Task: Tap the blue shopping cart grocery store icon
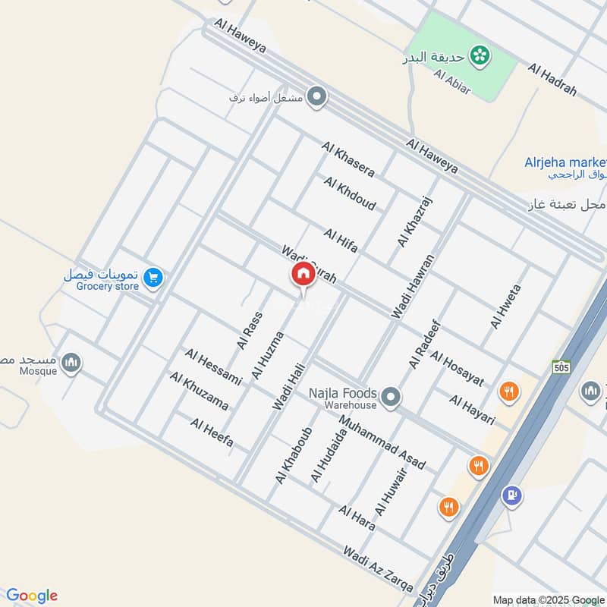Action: pos(154,278)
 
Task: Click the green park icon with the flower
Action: pos(479,55)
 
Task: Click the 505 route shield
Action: pos(561,366)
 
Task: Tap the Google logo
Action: pos(31,596)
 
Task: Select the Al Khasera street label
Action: pos(348,159)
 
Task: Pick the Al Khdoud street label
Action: pos(349,193)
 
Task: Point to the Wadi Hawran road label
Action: pos(413,286)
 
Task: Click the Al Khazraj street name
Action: pos(414,222)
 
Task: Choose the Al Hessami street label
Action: pos(212,366)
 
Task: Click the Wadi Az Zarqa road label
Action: pos(378,569)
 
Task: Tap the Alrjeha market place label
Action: pos(565,162)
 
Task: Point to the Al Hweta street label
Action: pos(505,307)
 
